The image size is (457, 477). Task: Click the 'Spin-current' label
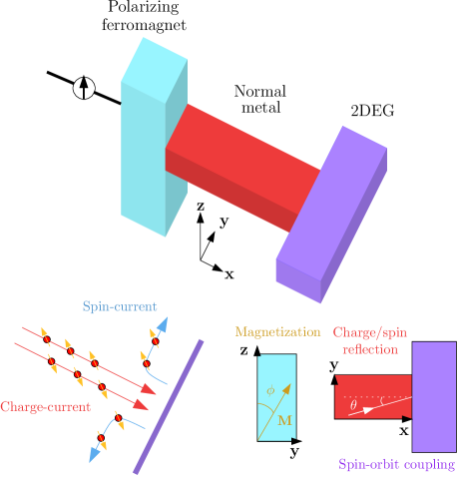pos(119,306)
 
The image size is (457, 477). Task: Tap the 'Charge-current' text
pos(45,407)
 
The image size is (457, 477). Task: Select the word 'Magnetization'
pos(277,332)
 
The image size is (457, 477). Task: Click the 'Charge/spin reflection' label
pos(370,340)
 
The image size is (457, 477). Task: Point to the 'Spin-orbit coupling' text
pos(397,464)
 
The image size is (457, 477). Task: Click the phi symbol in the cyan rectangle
pos(269,391)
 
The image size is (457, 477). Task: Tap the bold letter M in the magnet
pos(284,421)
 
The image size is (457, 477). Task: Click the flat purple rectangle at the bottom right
pos(433,396)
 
